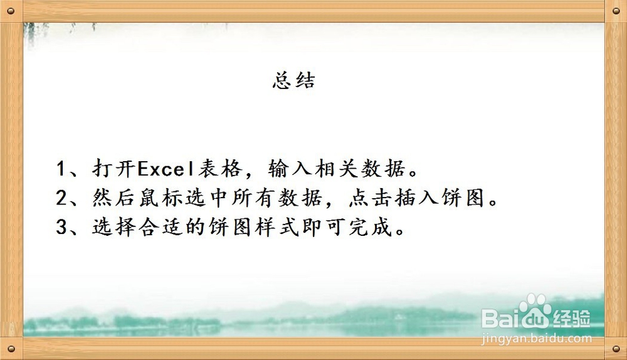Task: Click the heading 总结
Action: click(x=293, y=82)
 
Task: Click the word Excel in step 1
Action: click(x=167, y=169)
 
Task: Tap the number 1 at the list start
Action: click(x=61, y=169)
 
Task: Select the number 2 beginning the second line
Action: click(x=61, y=198)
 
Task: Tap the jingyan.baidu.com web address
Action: click(x=536, y=338)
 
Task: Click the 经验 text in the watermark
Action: click(x=571, y=319)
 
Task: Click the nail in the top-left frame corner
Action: click(x=12, y=11)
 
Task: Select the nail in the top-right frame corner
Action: click(x=615, y=11)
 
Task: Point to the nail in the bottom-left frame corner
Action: click(x=12, y=349)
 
